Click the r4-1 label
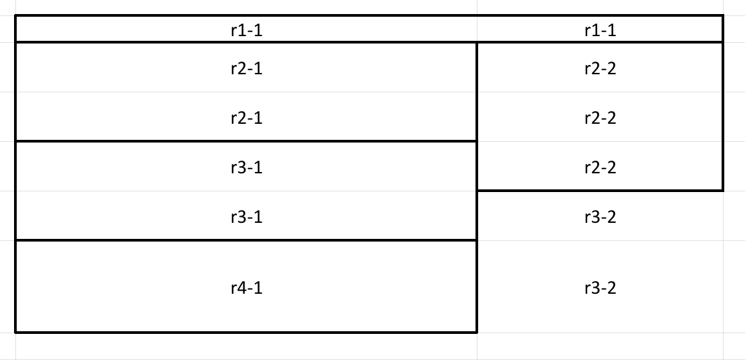coord(247,288)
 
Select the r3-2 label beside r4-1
coord(601,288)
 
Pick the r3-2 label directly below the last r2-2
coord(601,217)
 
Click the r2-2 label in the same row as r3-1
coord(601,167)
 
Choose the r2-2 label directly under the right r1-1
coord(601,68)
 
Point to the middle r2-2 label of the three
coord(601,118)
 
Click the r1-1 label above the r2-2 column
coord(601,30)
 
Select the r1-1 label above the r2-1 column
coord(247,30)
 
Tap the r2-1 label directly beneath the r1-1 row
coord(247,68)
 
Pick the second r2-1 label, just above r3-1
coord(247,118)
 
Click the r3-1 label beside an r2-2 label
coord(247,167)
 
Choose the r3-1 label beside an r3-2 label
coord(247,217)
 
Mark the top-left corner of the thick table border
coord(15,15)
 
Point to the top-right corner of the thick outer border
coord(723,15)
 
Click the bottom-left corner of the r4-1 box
coord(15,333)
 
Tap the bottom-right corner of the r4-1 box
coord(477,333)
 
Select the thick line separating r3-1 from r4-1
coord(246,240)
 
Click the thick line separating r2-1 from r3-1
coord(246,141)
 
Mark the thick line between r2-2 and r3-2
coord(600,191)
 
